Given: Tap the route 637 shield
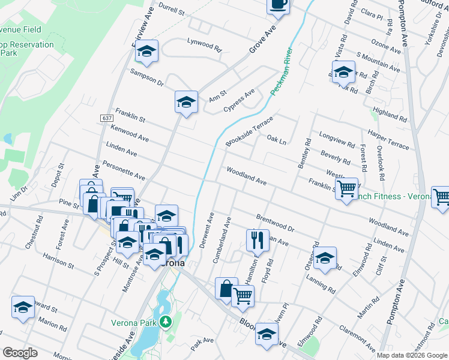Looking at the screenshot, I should click(107, 118).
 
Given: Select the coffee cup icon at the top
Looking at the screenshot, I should click(279, 5).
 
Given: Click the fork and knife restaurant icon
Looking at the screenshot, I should click(258, 240).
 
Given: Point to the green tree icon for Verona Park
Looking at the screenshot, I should click(167, 323).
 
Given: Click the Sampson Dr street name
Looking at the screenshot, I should click(146, 77).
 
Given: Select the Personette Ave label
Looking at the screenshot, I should click(124, 170).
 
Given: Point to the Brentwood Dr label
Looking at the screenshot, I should click(276, 223).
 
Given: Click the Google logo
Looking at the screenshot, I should click(20, 353).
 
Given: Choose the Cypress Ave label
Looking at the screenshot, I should click(239, 100).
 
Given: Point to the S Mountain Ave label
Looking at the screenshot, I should click(378, 62).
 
